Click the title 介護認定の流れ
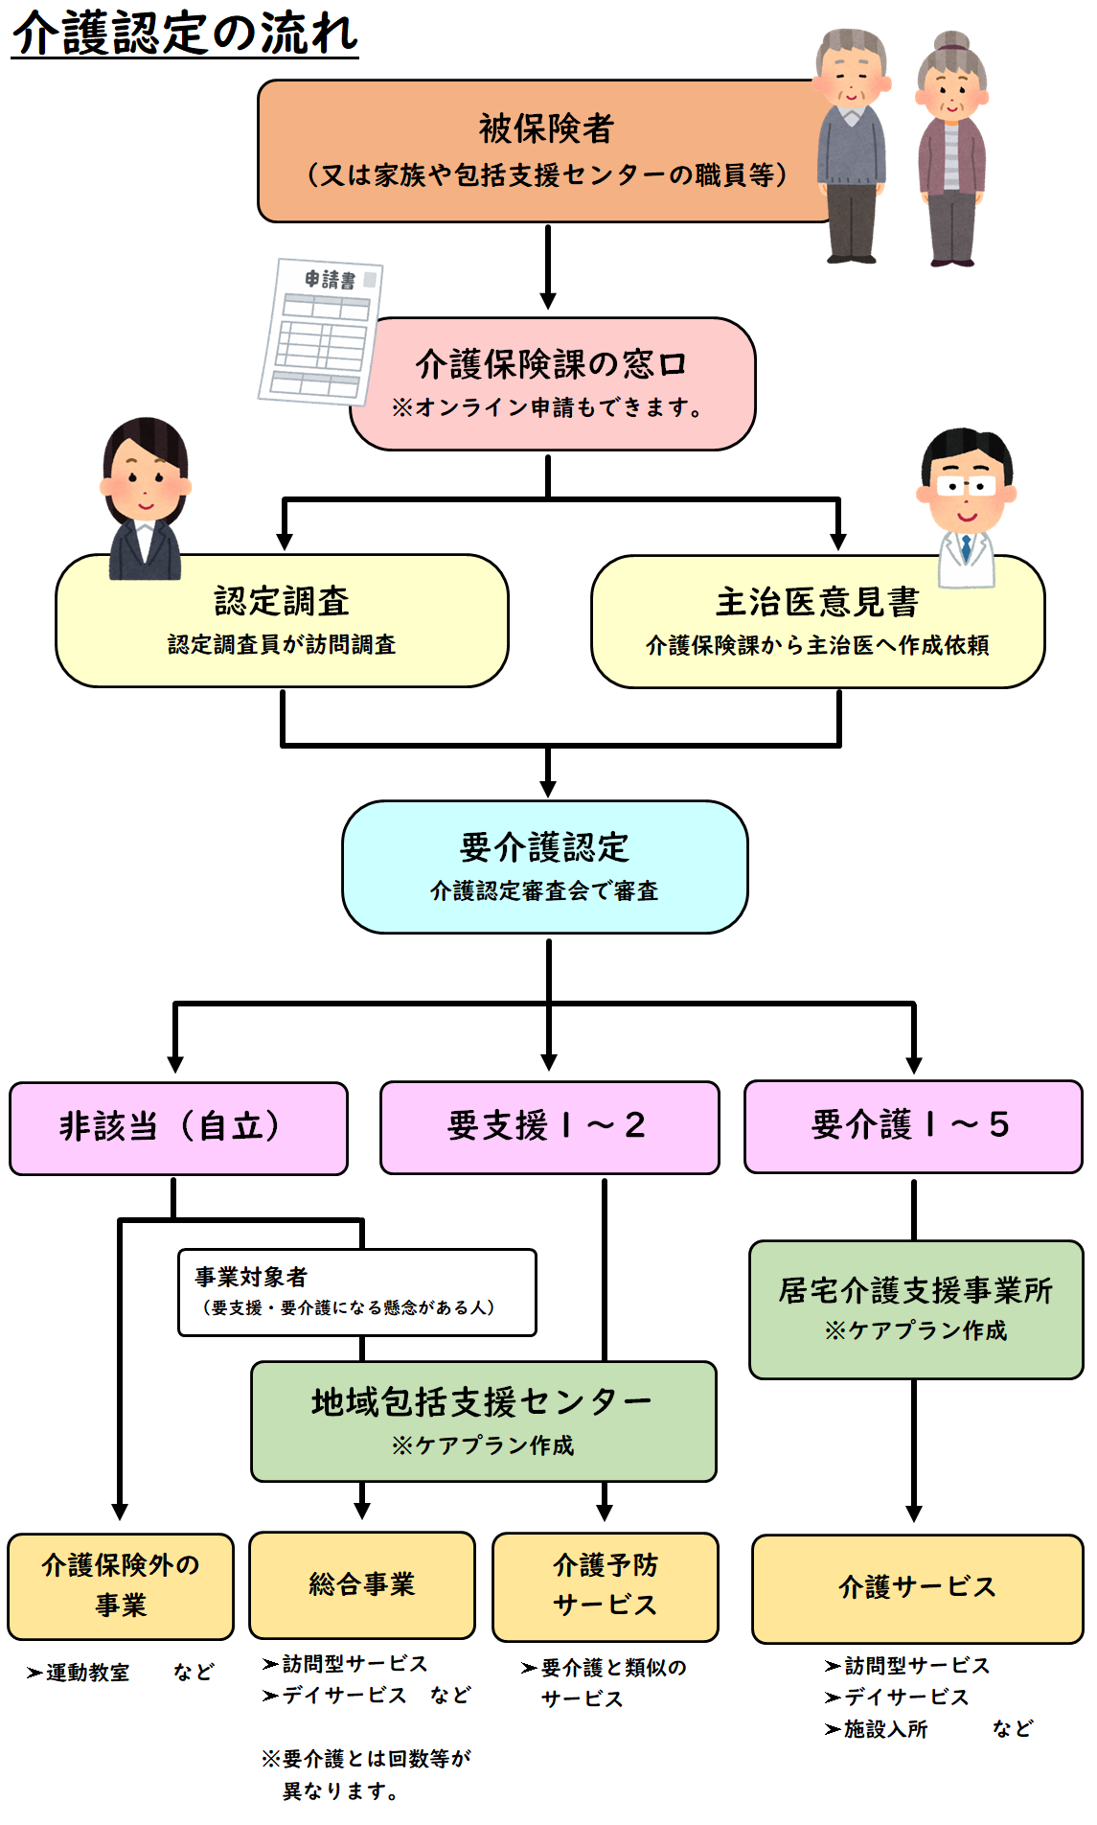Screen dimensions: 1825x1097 (185, 34)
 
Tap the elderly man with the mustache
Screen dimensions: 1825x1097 (852, 144)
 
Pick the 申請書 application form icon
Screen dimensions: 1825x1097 (322, 331)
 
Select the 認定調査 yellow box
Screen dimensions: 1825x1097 (282, 620)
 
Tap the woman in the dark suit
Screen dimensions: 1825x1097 (145, 498)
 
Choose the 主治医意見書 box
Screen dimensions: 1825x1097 (817, 621)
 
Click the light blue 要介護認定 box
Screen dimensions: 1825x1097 (544, 866)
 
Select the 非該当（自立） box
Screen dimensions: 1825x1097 (178, 1127)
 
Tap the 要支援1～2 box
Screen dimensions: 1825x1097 (549, 1126)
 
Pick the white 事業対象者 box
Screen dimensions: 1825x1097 (356, 1291)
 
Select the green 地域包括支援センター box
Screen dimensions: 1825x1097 (483, 1421)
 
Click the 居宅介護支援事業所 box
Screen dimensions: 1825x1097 (915, 1308)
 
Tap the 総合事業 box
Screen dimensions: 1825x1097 (362, 1584)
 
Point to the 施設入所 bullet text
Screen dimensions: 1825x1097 (885, 1729)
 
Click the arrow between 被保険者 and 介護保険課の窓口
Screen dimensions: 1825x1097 (548, 266)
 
